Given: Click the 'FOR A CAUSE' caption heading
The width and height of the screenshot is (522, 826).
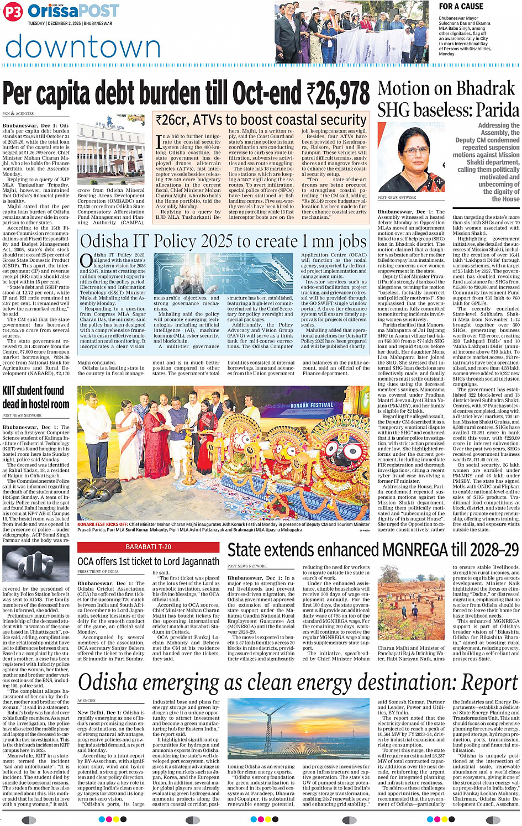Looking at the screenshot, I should (461, 7).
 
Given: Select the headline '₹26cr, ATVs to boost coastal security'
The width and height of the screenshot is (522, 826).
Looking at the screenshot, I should (261, 120).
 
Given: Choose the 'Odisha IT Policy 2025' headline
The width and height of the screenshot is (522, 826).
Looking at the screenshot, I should (223, 241).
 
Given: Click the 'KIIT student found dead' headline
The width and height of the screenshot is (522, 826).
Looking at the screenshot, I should (35, 397).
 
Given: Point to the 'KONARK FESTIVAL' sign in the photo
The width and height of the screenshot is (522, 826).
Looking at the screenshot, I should (312, 406).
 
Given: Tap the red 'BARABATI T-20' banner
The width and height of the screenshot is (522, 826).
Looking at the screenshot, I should (148, 546).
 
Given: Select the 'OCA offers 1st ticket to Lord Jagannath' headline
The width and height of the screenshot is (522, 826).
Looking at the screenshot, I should (148, 561).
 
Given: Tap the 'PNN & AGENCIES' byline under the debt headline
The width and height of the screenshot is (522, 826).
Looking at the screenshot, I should (18, 114).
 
